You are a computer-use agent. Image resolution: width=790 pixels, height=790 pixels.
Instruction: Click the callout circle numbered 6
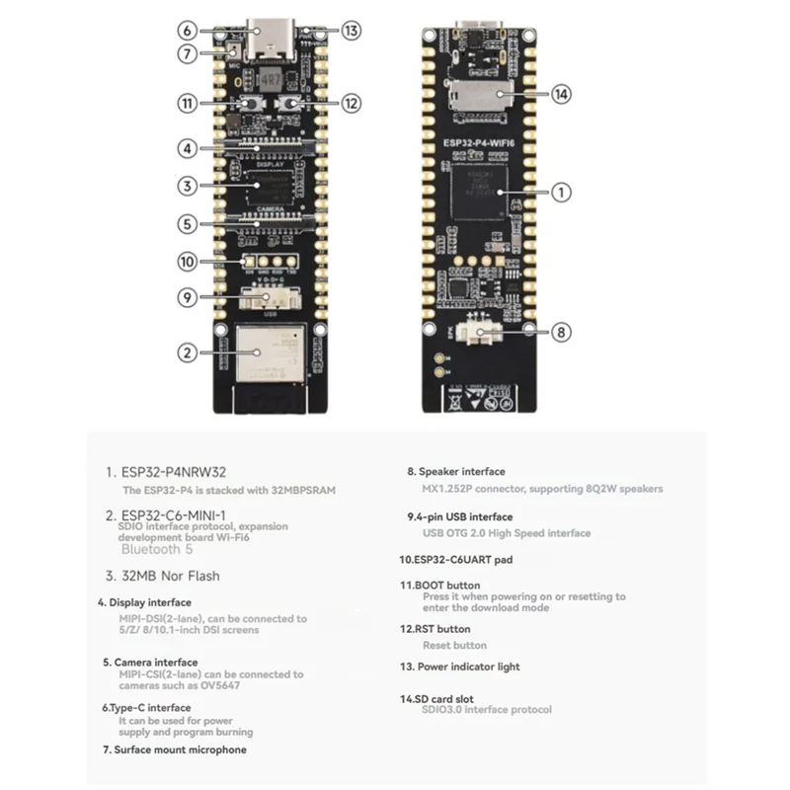[190, 31]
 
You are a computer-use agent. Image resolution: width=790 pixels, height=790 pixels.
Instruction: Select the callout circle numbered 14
[561, 95]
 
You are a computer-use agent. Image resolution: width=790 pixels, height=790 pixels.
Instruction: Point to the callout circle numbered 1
[561, 194]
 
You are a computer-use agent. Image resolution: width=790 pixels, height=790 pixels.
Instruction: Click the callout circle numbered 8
[561, 333]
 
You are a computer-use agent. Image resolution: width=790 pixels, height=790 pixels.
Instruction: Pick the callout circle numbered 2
[190, 351]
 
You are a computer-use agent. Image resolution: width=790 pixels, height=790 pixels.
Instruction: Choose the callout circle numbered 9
[190, 295]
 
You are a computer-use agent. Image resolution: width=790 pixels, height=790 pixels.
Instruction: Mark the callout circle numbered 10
[190, 262]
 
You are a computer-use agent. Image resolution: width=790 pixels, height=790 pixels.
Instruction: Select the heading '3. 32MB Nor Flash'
[164, 576]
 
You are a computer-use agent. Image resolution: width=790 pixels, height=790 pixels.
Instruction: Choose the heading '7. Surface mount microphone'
[174, 750]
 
